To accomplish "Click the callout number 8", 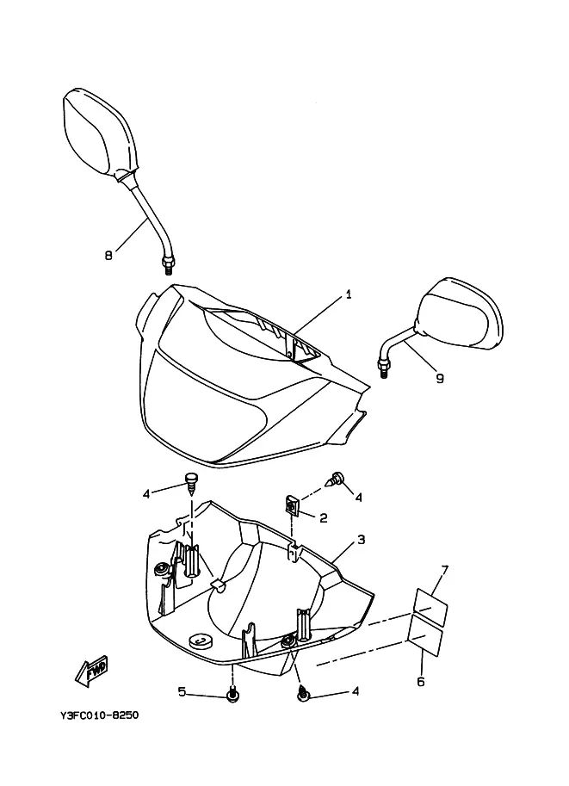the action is pyautogui.click(x=108, y=255).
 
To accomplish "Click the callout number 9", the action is pyautogui.click(x=440, y=378).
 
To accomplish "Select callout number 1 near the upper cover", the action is pyautogui.click(x=349, y=294).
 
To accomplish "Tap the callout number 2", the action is pyautogui.click(x=324, y=517).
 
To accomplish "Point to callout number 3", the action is pyautogui.click(x=361, y=540).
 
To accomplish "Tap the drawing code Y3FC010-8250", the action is pyautogui.click(x=99, y=715).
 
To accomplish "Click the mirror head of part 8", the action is pyautogui.click(x=99, y=133).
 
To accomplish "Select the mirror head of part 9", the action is pyautogui.click(x=459, y=313).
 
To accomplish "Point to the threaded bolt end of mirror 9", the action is pyautogui.click(x=384, y=369).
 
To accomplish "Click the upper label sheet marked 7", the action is pyautogui.click(x=430, y=607).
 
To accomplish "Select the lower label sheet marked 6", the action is pyautogui.click(x=425, y=636).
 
